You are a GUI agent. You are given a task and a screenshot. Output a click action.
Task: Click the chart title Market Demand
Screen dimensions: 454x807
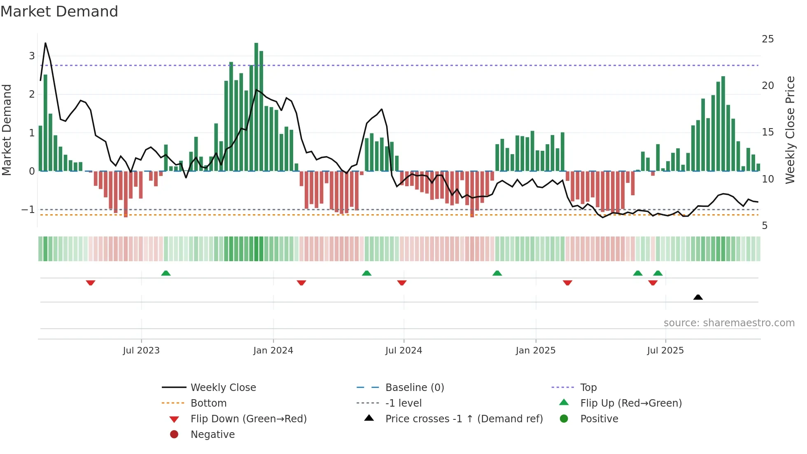click(59, 12)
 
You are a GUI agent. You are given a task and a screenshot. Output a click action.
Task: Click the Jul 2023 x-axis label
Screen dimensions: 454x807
click(141, 351)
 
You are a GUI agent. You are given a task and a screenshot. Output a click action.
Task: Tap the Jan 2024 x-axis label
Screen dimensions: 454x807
click(273, 351)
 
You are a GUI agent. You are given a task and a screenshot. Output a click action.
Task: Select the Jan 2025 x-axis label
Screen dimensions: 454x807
click(535, 351)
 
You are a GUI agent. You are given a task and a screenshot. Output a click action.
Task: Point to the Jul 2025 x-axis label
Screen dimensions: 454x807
click(665, 351)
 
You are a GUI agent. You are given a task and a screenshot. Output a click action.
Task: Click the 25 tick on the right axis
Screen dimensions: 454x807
click(767, 39)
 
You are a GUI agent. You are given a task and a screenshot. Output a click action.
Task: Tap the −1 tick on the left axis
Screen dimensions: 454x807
click(28, 210)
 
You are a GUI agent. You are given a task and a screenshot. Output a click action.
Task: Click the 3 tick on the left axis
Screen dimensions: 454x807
click(32, 56)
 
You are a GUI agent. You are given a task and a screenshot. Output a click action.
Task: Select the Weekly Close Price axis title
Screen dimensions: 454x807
click(790, 130)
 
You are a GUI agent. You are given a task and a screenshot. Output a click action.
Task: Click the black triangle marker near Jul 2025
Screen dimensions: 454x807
click(698, 297)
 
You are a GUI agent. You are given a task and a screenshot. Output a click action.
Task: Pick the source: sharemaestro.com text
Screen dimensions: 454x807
click(729, 323)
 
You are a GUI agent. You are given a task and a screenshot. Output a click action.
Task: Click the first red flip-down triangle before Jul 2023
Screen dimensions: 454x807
click(91, 283)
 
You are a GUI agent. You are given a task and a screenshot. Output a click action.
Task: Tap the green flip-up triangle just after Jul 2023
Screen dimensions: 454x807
click(166, 273)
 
